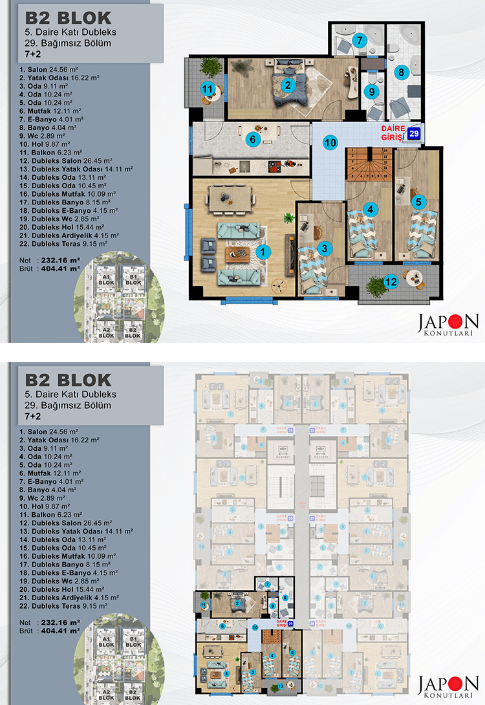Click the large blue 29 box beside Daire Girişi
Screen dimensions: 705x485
pyautogui.click(x=415, y=134)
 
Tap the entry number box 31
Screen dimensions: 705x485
pyautogui.click(x=290, y=430)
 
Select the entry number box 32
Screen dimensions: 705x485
pyautogui.click(x=312, y=430)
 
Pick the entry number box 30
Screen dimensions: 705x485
pyautogui.click(x=290, y=519)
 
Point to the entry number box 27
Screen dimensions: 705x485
pyautogui.click(x=312, y=519)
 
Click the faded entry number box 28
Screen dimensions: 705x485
pyautogui.click(x=312, y=624)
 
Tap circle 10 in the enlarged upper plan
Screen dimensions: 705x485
pyautogui.click(x=330, y=142)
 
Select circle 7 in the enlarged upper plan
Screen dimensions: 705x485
pyautogui.click(x=362, y=40)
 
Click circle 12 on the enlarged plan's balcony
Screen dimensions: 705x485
pyautogui.click(x=391, y=281)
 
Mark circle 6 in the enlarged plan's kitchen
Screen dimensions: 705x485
pyautogui.click(x=254, y=138)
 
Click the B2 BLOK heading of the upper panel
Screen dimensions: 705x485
pyautogui.click(x=66, y=18)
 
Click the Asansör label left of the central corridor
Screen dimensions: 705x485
pyautogui.click(x=281, y=454)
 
